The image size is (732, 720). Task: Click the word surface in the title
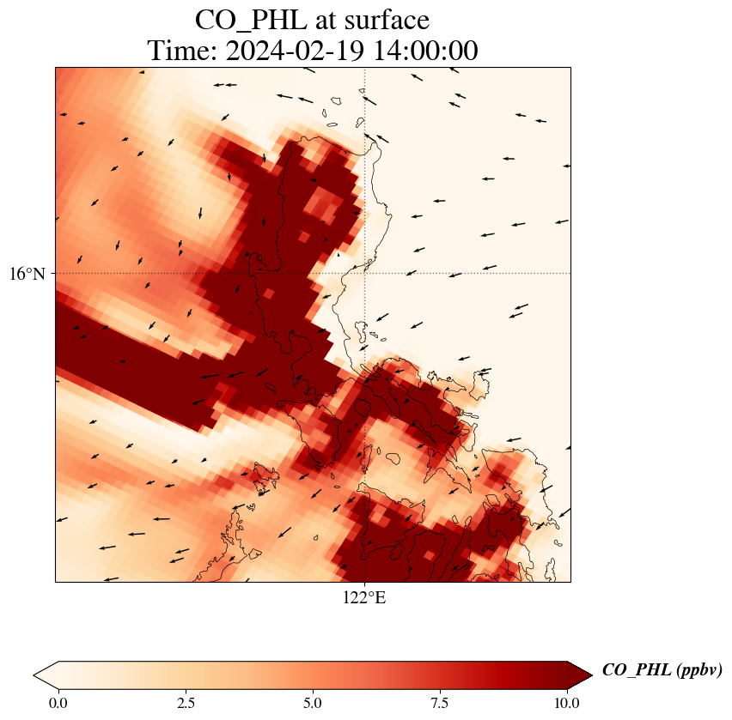click(384, 19)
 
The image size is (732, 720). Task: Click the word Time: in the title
click(181, 51)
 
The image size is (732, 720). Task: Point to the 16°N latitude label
click(28, 274)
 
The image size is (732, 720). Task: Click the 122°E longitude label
click(364, 598)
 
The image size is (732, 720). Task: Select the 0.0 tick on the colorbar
click(58, 703)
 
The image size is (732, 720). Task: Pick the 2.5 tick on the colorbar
click(186, 703)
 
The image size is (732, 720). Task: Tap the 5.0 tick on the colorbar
click(313, 703)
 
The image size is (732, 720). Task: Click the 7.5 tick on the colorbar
click(440, 703)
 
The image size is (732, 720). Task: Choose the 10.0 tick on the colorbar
click(567, 703)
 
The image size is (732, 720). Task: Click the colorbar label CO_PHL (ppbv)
click(662, 670)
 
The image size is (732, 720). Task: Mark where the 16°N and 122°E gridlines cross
click(365, 274)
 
